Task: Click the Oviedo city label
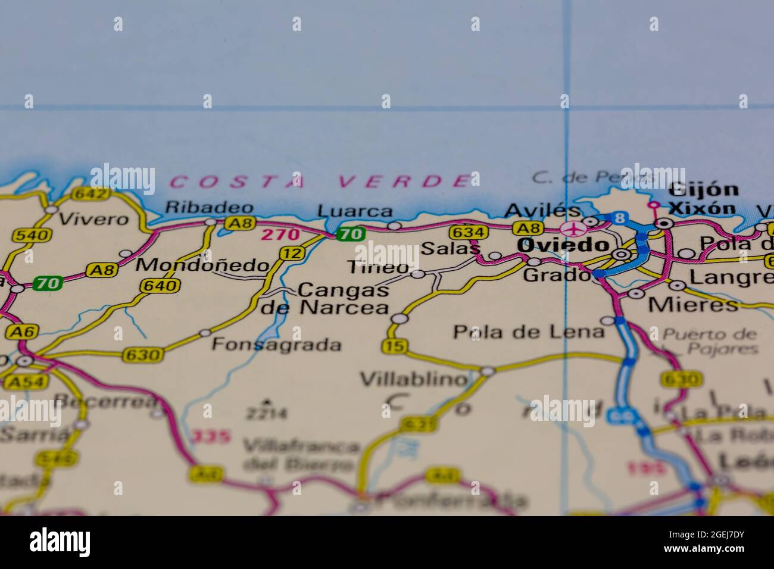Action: pos(563,245)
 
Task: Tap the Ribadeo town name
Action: pos(209,208)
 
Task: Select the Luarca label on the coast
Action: pos(355,211)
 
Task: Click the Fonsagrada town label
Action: pos(277,344)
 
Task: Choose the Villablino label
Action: pos(414,379)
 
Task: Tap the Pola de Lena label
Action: pos(528,332)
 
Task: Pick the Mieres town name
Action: pos(693,305)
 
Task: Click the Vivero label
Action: pos(94,219)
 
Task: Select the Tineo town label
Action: pos(379,267)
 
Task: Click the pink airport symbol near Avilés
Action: pos(573,229)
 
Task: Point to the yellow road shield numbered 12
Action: pos(291,254)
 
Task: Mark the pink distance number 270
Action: pos(280,235)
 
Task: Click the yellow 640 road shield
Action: pos(160,286)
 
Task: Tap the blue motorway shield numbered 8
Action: pos(620,218)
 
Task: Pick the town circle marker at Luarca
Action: pos(394,226)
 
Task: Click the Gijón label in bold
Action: pos(703,190)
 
